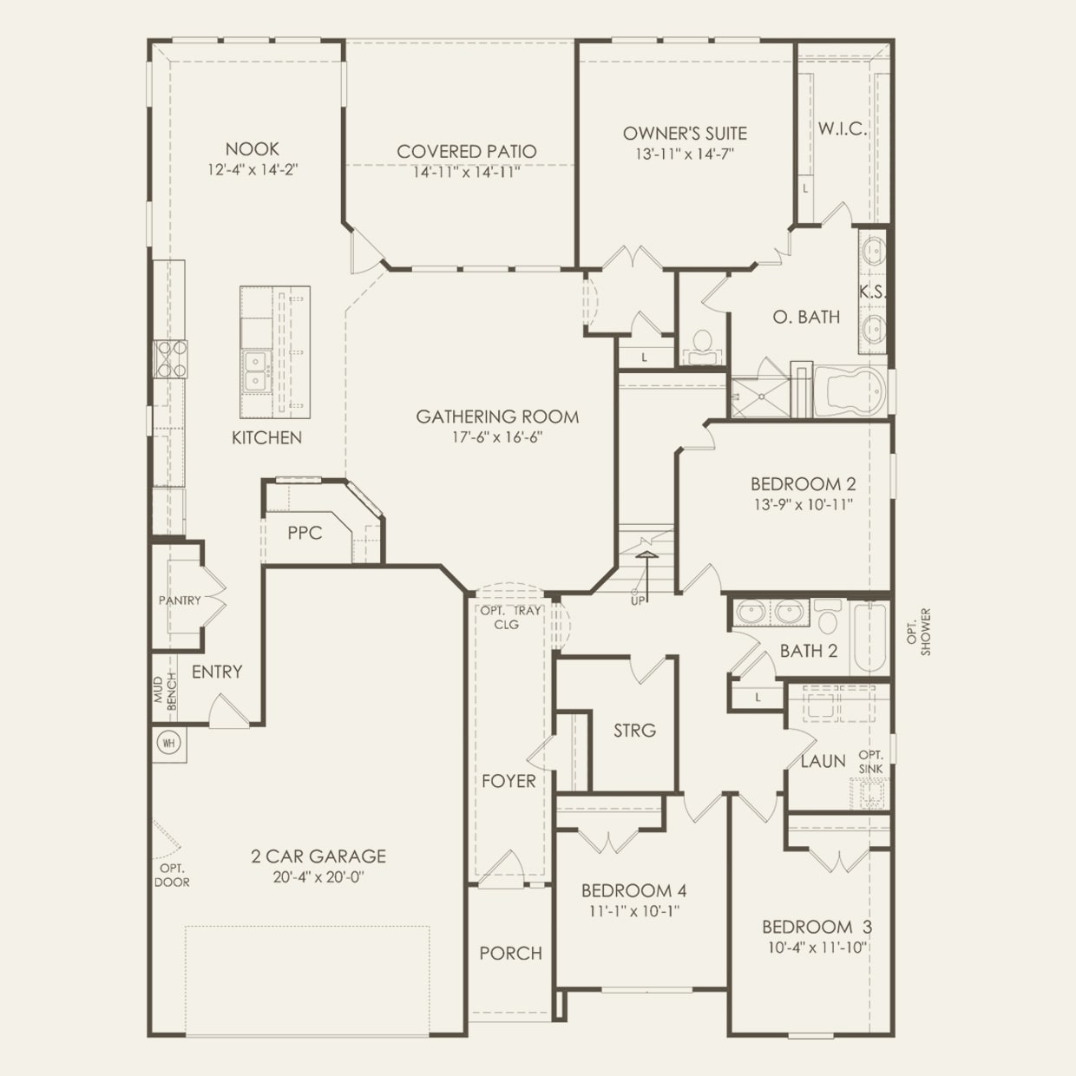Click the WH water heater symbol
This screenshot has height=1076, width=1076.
168,743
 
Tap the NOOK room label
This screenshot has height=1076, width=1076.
253,149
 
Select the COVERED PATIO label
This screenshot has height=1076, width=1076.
467,151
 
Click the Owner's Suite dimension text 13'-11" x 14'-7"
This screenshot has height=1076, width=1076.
685,154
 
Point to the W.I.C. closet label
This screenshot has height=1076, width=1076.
843,129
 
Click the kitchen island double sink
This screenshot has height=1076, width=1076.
256,372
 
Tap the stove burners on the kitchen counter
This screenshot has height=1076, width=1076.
171,359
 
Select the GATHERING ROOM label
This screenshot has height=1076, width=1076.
497,417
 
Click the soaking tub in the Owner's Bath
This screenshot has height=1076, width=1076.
850,390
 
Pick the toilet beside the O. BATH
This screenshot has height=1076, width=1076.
702,347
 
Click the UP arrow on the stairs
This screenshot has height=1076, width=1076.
646,575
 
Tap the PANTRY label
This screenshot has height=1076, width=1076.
180,600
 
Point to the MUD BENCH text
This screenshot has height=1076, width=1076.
165,692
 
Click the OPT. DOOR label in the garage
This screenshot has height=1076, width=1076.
172,875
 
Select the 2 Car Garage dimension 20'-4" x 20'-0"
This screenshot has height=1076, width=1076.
318,877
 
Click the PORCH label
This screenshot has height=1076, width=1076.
511,953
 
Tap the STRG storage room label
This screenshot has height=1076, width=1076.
635,731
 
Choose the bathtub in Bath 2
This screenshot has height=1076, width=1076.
869,637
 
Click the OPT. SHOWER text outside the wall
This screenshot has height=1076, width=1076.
920,632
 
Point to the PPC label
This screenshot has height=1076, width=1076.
305,533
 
